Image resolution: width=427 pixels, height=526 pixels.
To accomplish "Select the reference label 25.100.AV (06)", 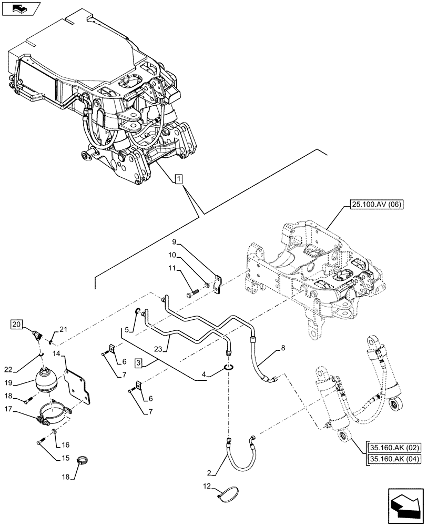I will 374,205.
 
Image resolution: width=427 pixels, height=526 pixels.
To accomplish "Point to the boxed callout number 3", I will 137,362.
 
